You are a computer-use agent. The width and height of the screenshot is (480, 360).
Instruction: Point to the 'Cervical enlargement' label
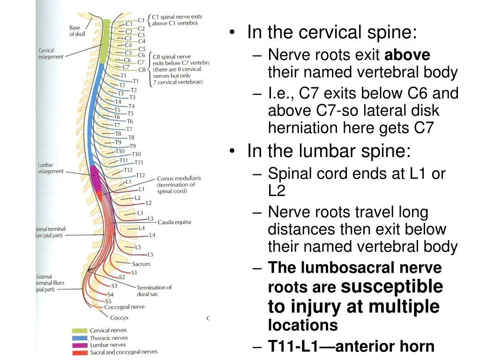[51, 53]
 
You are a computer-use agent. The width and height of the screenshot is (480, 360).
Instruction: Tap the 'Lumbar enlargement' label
[51, 168]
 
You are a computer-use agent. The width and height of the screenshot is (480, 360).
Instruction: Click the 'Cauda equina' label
[174, 222]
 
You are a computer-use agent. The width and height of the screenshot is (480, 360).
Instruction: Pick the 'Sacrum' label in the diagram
[141, 264]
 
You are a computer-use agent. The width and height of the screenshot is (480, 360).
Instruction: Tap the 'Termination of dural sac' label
[154, 291]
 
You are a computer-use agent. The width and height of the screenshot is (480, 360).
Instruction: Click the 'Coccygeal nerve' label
[124, 307]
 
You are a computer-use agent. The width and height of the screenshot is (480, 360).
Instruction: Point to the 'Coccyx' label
[119, 317]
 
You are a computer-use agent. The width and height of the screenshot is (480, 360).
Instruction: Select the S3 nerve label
[114, 286]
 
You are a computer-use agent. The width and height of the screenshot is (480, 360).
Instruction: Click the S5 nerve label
[108, 301]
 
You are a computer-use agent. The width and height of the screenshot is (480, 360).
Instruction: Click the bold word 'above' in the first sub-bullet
[407, 55]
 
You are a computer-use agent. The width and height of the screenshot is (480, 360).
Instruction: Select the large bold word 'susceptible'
[392, 286]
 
